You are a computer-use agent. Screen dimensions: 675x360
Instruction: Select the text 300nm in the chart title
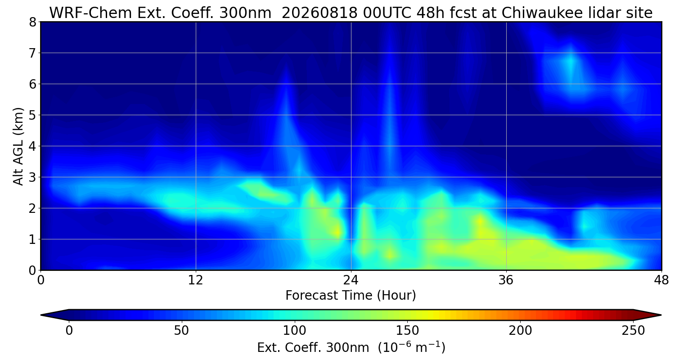[245, 13]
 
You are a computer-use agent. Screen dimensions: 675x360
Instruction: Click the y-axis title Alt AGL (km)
[18, 146]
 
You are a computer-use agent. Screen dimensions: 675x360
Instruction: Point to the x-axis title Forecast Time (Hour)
[351, 295]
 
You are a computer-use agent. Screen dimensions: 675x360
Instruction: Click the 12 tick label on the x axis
[196, 280]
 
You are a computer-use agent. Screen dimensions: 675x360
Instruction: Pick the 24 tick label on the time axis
[351, 280]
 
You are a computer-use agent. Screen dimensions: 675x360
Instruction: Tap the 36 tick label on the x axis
[506, 280]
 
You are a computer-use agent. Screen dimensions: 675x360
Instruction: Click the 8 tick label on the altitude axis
[32, 22]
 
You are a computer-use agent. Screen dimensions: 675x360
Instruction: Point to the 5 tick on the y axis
[32, 115]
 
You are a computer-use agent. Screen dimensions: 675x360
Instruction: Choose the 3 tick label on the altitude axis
[32, 177]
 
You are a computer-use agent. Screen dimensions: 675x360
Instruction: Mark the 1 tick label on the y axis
[32, 239]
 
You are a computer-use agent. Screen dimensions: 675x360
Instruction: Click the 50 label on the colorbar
[181, 331]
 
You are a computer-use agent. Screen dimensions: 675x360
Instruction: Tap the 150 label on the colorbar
[407, 331]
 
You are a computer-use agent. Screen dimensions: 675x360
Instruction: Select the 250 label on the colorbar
[633, 331]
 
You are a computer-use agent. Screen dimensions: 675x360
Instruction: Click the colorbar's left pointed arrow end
[41, 315]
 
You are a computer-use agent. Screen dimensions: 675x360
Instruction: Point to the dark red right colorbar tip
[661, 315]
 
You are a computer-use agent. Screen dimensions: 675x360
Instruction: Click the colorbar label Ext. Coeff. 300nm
[313, 348]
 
